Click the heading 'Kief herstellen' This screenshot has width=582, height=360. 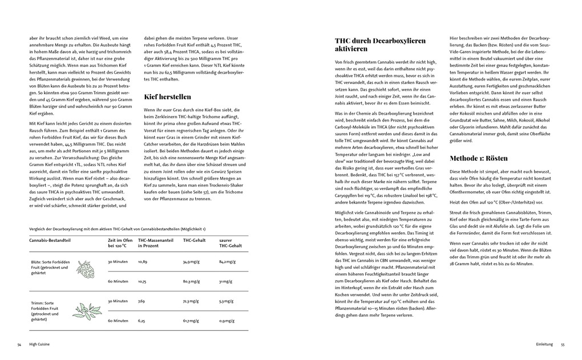(x=167, y=96)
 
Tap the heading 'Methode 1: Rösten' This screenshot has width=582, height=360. (x=478, y=158)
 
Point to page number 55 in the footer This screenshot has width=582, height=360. (x=562, y=345)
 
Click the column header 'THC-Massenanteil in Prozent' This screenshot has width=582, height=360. (x=155, y=243)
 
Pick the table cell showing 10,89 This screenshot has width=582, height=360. (x=143, y=261)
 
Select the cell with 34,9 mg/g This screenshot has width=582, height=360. (x=191, y=261)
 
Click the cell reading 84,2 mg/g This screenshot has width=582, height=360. (x=228, y=261)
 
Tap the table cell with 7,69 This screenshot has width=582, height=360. (x=142, y=301)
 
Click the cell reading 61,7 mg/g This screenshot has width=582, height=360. (x=191, y=321)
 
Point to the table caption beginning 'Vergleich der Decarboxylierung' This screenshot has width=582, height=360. (x=118, y=228)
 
